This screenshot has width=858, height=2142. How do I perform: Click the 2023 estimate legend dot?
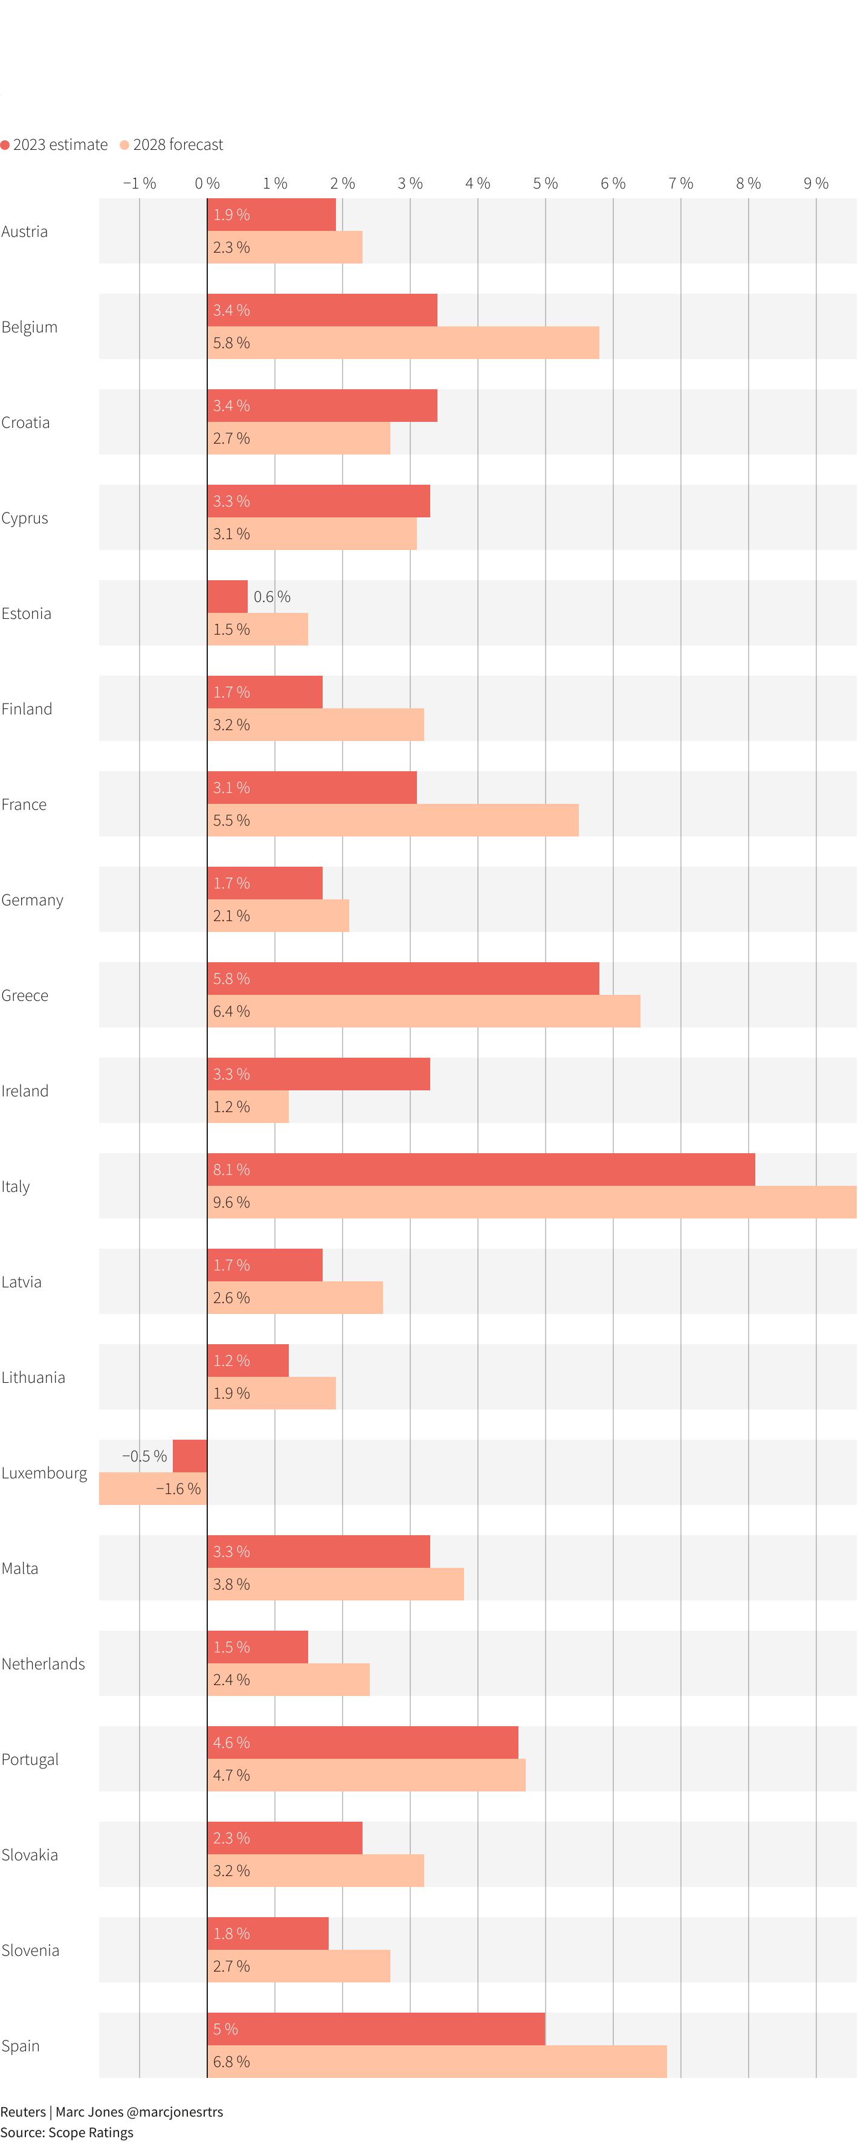coord(5,144)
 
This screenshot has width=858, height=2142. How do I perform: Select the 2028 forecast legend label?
coord(178,144)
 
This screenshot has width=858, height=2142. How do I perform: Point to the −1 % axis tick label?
coord(140,183)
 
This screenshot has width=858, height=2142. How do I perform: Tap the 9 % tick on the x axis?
coord(816,183)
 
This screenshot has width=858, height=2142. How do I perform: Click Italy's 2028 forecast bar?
coord(532,1202)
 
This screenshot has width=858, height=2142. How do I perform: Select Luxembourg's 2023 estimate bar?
coord(190,1456)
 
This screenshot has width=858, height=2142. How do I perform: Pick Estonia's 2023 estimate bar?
coord(228,596)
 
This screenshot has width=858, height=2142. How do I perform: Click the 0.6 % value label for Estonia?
coord(272,597)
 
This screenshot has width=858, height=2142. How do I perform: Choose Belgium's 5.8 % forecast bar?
coord(403,343)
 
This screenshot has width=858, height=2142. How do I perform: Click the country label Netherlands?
coord(44,1664)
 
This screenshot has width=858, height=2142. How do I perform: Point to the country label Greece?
coord(25,995)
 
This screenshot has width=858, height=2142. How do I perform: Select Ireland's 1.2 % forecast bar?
coord(248,1107)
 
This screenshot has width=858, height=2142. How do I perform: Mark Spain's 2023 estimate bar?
coord(376,2029)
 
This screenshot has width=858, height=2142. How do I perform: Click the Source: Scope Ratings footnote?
coord(66,2132)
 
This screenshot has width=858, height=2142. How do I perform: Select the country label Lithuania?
coord(33,1377)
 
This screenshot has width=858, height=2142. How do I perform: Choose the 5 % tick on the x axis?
coord(546,183)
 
